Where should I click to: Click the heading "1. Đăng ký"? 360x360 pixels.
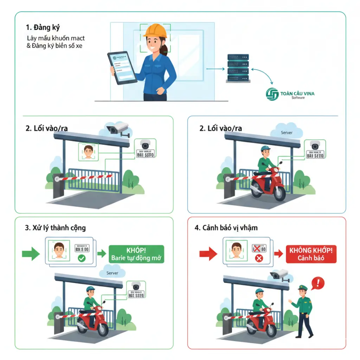[x=40, y=27]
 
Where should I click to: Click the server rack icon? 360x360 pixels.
[x=238, y=68]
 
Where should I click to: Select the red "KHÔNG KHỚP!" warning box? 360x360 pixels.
[x=311, y=254]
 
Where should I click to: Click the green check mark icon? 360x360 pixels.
[x=81, y=259]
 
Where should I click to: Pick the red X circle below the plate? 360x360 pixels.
[x=259, y=259]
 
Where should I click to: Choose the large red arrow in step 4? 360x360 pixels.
[x=208, y=253]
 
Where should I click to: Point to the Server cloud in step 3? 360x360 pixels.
[x=112, y=273]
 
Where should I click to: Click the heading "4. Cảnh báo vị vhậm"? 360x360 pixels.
[x=226, y=228]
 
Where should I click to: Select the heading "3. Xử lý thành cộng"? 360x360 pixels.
[x=56, y=228]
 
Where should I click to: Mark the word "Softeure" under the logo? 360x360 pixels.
[x=298, y=98]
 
